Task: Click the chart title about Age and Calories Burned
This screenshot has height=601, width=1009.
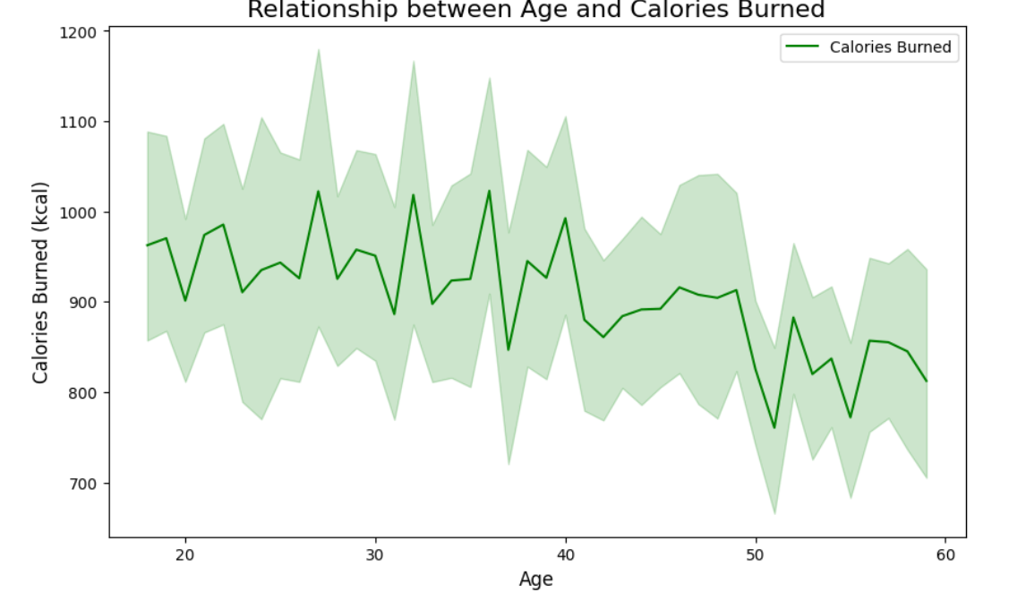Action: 535,10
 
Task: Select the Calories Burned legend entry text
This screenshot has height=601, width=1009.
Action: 890,47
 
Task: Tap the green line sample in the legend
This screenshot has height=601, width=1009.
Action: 802,47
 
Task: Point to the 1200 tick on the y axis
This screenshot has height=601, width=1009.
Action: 78,32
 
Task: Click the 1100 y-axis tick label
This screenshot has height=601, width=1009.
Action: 78,122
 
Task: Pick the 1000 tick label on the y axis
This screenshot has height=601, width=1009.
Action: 78,212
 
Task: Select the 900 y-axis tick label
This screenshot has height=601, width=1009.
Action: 82,303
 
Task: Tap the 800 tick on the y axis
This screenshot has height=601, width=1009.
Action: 82,392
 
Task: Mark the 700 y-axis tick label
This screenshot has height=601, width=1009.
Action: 82,484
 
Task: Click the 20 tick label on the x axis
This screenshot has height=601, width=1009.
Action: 185,554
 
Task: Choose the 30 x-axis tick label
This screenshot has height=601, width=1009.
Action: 375,554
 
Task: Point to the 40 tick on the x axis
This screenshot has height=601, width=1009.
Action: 566,554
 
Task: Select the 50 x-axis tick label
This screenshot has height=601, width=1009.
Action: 756,554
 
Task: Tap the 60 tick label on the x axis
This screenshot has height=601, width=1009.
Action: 946,554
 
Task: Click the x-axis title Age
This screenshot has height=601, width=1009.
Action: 536,580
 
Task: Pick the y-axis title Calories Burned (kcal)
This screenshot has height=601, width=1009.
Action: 40,282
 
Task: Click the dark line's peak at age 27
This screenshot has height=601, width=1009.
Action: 318,191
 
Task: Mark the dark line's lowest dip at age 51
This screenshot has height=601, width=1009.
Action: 774,428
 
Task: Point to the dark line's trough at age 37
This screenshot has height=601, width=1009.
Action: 509,350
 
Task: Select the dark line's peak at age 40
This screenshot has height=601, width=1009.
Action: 566,219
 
